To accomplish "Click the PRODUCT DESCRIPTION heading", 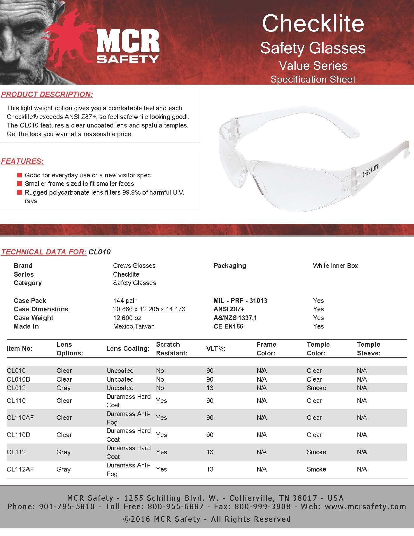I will point(47,94).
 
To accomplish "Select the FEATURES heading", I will point(22,161).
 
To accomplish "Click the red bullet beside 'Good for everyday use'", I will point(20,175).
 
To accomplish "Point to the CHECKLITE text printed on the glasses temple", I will point(370,171).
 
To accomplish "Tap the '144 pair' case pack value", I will point(125,301).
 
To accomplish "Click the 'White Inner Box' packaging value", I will point(335,266).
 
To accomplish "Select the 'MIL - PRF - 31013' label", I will point(240,301).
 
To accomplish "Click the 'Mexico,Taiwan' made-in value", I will point(134,326).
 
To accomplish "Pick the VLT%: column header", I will point(216,349).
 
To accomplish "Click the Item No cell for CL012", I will point(16,388).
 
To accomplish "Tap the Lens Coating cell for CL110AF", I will point(128,418).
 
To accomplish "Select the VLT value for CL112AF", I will point(210,469).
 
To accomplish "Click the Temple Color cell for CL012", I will point(316,388).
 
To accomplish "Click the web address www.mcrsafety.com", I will point(365,507).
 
